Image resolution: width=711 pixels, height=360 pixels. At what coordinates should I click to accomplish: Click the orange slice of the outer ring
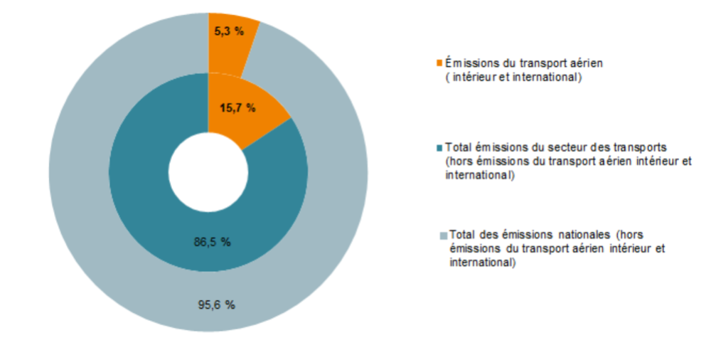coord(231,50)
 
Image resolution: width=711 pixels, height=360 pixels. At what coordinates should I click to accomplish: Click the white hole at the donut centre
coord(208,171)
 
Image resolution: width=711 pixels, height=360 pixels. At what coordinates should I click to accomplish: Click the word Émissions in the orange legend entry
coord(468,63)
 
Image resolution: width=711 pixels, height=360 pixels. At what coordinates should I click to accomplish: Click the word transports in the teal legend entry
coord(643,147)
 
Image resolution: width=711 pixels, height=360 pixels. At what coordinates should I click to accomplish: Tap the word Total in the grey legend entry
coord(462,235)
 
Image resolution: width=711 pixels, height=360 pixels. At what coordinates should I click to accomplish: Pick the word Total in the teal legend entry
coord(458,147)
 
